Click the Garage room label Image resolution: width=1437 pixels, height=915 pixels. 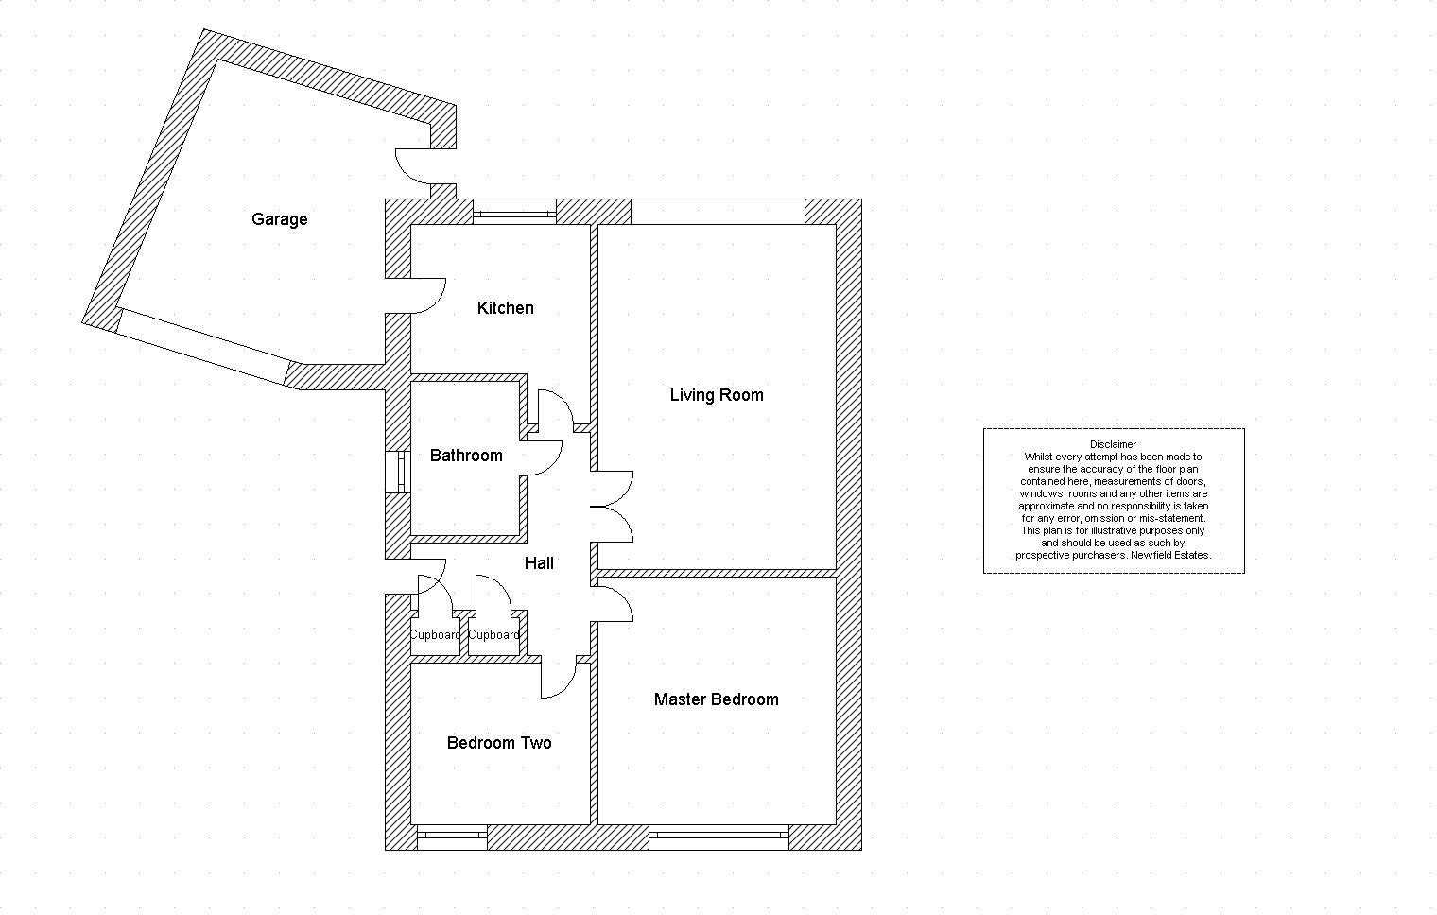click(x=279, y=219)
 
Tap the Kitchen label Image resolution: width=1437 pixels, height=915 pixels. click(x=505, y=308)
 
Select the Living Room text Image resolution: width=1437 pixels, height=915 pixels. click(x=716, y=395)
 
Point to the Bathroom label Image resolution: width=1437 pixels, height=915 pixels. click(x=465, y=456)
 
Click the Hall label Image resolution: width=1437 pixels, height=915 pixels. click(x=539, y=563)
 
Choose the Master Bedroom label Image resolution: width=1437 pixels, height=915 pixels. click(x=716, y=699)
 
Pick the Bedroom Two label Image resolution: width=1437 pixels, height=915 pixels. click(x=498, y=743)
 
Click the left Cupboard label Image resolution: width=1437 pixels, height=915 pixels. click(x=435, y=635)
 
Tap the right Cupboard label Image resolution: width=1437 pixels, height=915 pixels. click(x=493, y=635)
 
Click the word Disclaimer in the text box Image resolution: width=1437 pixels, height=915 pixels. click(x=1113, y=444)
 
